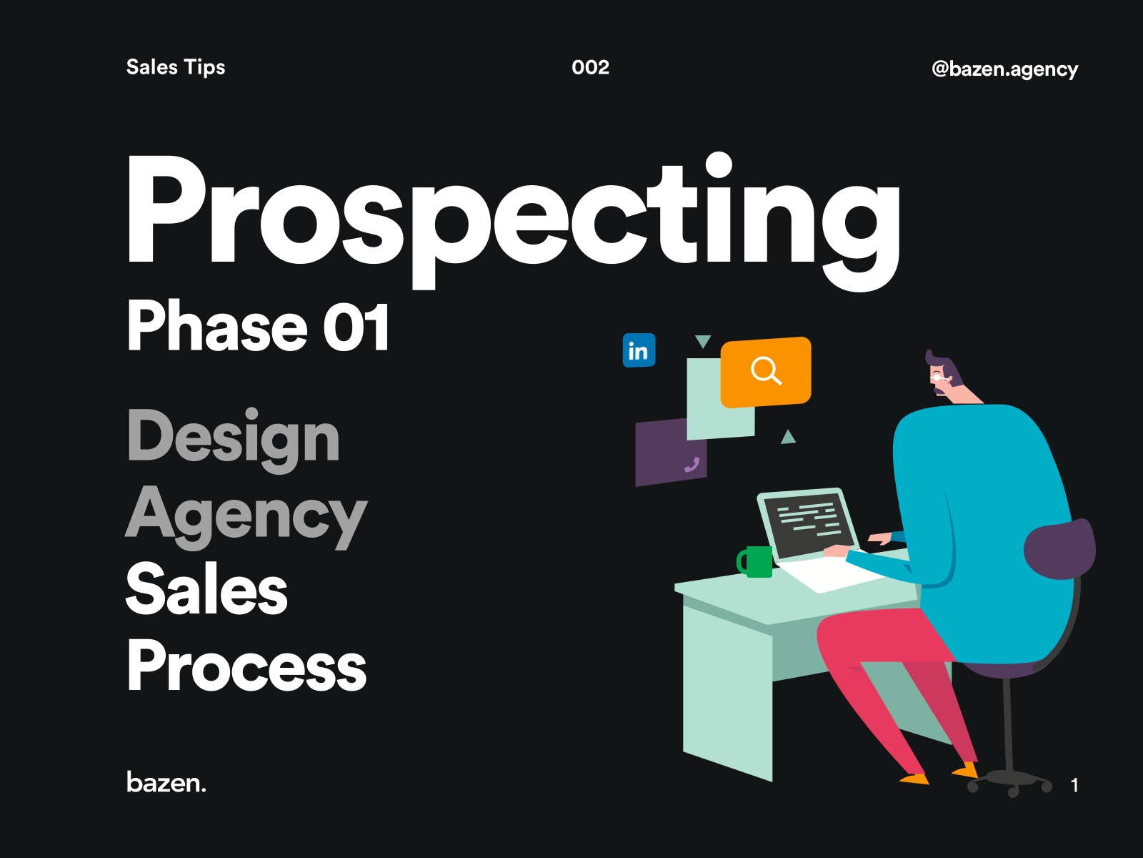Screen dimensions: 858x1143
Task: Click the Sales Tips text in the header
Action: (x=176, y=67)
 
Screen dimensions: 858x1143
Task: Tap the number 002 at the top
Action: (x=590, y=67)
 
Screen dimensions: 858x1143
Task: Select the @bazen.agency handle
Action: (x=1004, y=69)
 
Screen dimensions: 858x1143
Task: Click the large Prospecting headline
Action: (x=513, y=214)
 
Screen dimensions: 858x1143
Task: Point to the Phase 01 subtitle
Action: (x=258, y=327)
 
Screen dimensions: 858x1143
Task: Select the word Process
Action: (x=246, y=666)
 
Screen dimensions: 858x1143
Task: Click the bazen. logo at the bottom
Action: (x=166, y=782)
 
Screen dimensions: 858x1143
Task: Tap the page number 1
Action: (x=1074, y=785)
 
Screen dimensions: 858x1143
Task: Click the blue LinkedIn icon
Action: (x=639, y=350)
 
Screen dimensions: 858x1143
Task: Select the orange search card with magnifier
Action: (x=766, y=371)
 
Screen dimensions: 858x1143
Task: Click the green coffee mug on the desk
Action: (x=756, y=562)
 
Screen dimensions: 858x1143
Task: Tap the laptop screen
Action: (x=808, y=523)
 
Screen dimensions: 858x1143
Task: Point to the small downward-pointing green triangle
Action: (x=703, y=342)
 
